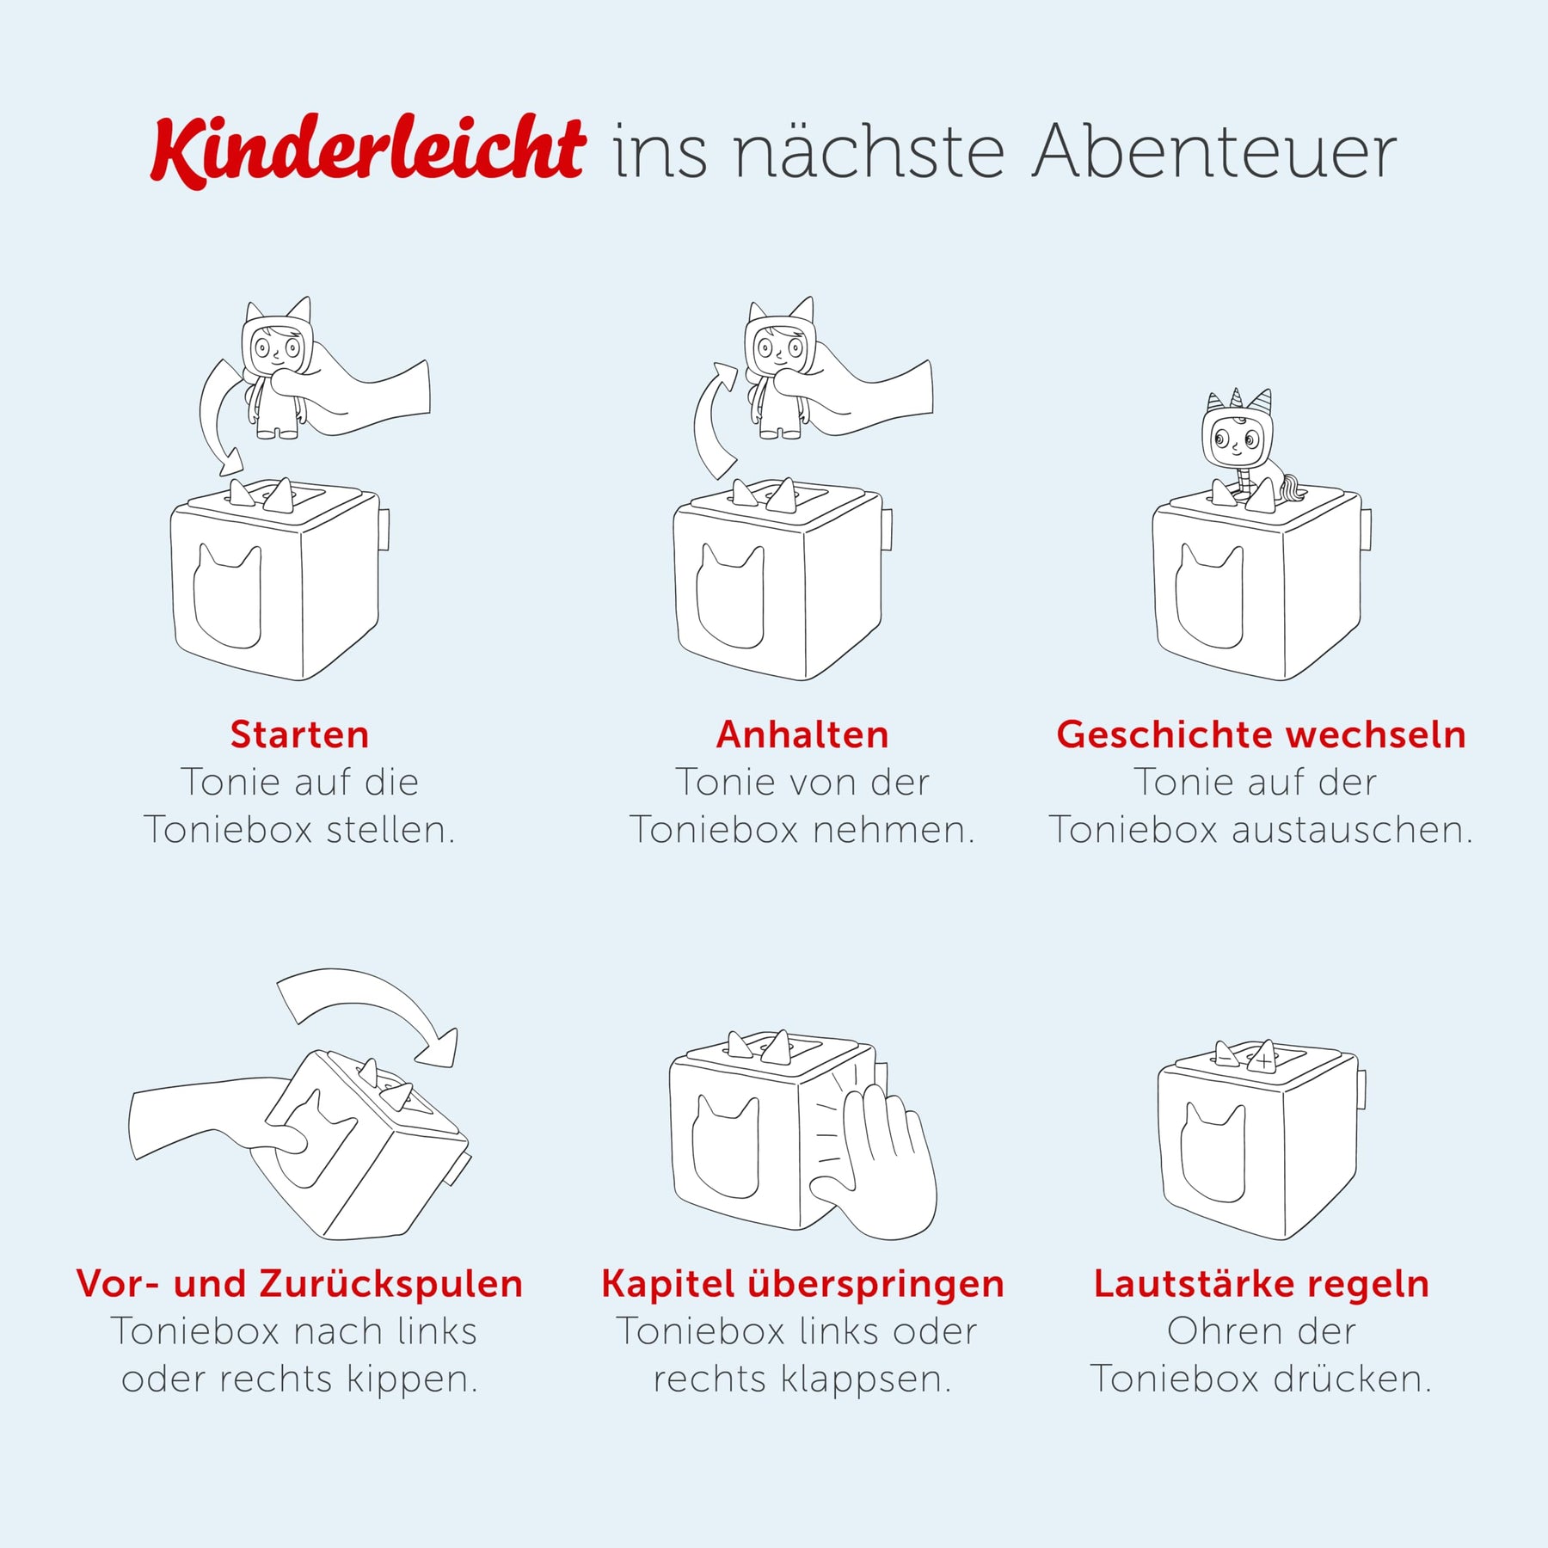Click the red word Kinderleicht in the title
tap(368, 150)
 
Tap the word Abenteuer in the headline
tap(1215, 152)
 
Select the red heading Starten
tap(299, 734)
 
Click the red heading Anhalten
tap(802, 734)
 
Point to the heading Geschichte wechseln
tap(1261, 734)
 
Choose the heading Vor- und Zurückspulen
tap(299, 1283)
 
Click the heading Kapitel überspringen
tap(802, 1284)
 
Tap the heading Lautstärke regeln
tap(1261, 1284)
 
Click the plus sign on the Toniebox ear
tap(1262, 1061)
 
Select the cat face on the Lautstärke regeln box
tap(1213, 1152)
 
